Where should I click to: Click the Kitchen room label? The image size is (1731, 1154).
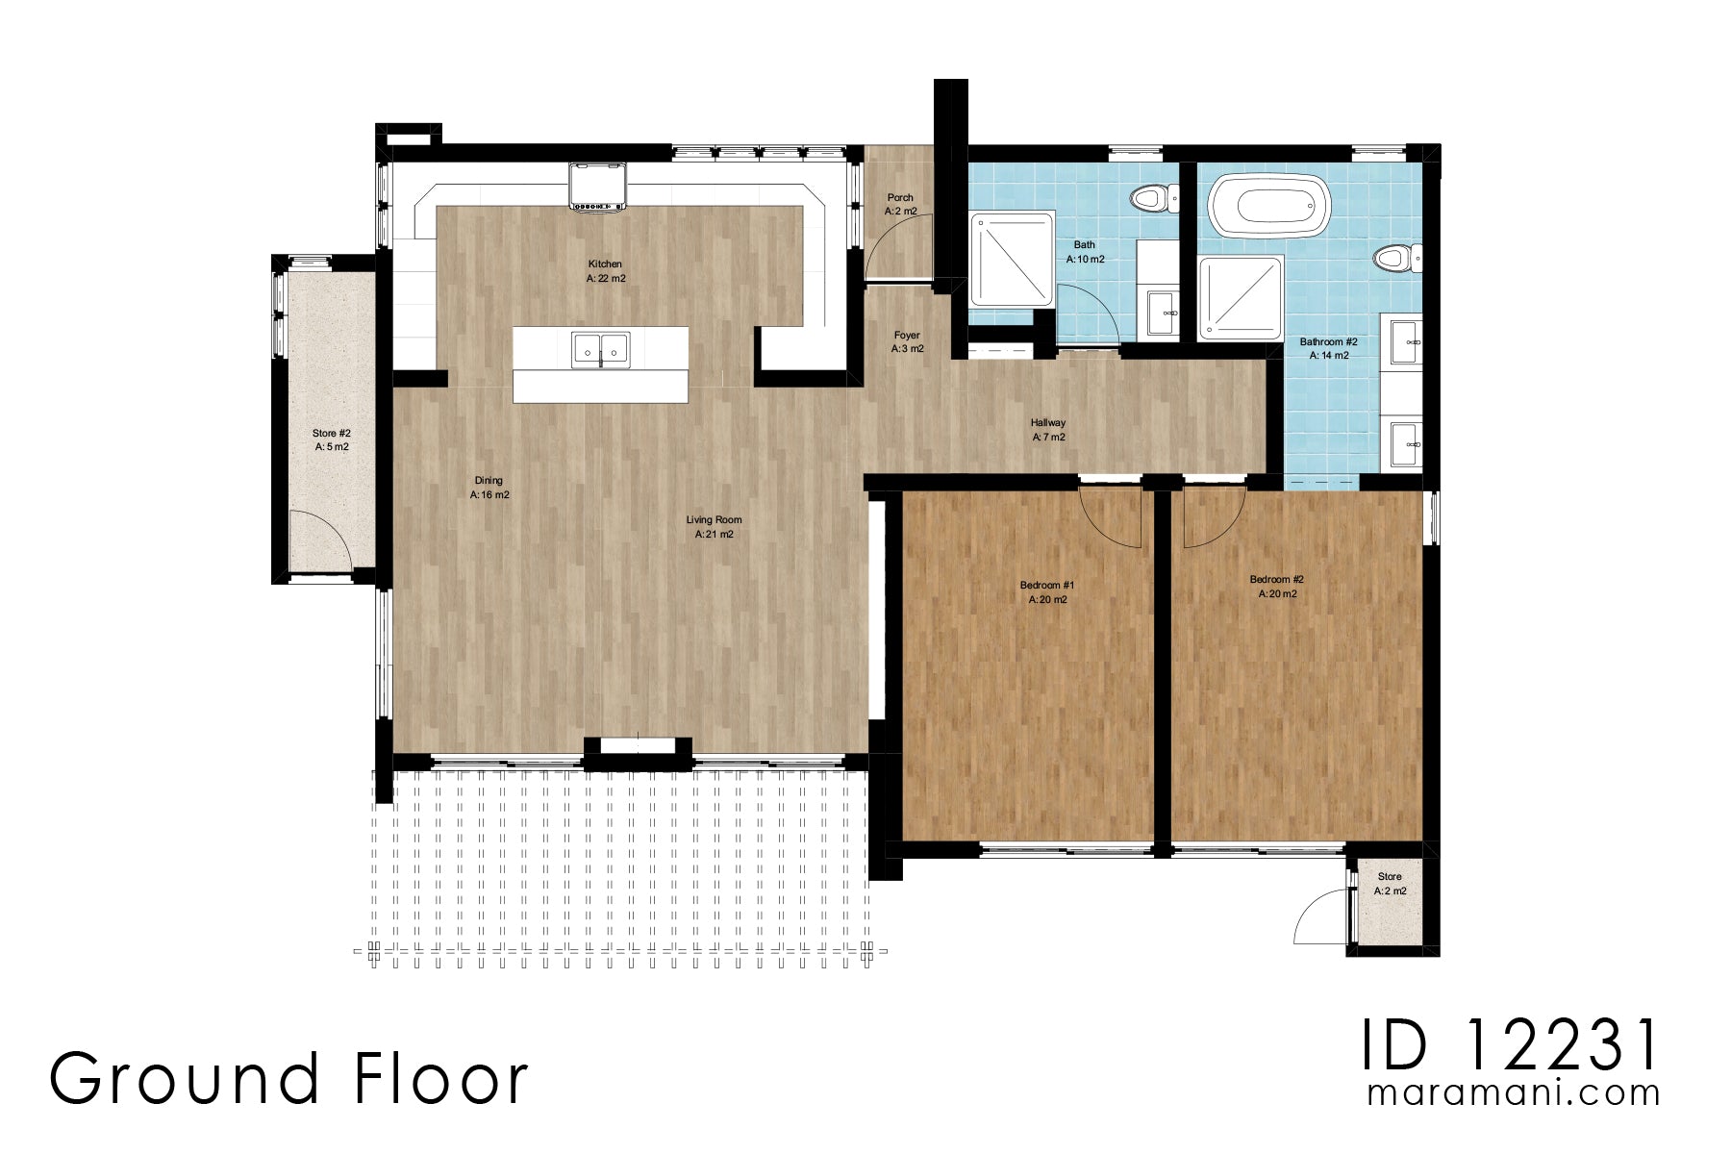click(605, 263)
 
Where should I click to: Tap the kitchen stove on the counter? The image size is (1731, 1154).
click(597, 186)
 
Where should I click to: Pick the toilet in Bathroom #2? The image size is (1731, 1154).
click(1395, 258)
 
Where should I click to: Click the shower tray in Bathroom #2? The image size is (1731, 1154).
click(1241, 298)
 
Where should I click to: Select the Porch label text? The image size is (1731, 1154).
click(900, 198)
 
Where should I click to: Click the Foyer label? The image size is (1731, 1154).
click(907, 336)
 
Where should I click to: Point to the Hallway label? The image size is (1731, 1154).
click(1047, 422)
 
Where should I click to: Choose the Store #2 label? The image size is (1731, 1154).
click(331, 434)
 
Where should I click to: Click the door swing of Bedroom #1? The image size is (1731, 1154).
click(1111, 517)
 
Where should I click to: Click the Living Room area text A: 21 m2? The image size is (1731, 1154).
click(714, 535)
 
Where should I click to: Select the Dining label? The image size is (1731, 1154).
click(489, 481)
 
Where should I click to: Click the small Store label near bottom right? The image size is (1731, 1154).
click(1390, 876)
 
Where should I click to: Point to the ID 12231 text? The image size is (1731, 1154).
click(1510, 1045)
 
